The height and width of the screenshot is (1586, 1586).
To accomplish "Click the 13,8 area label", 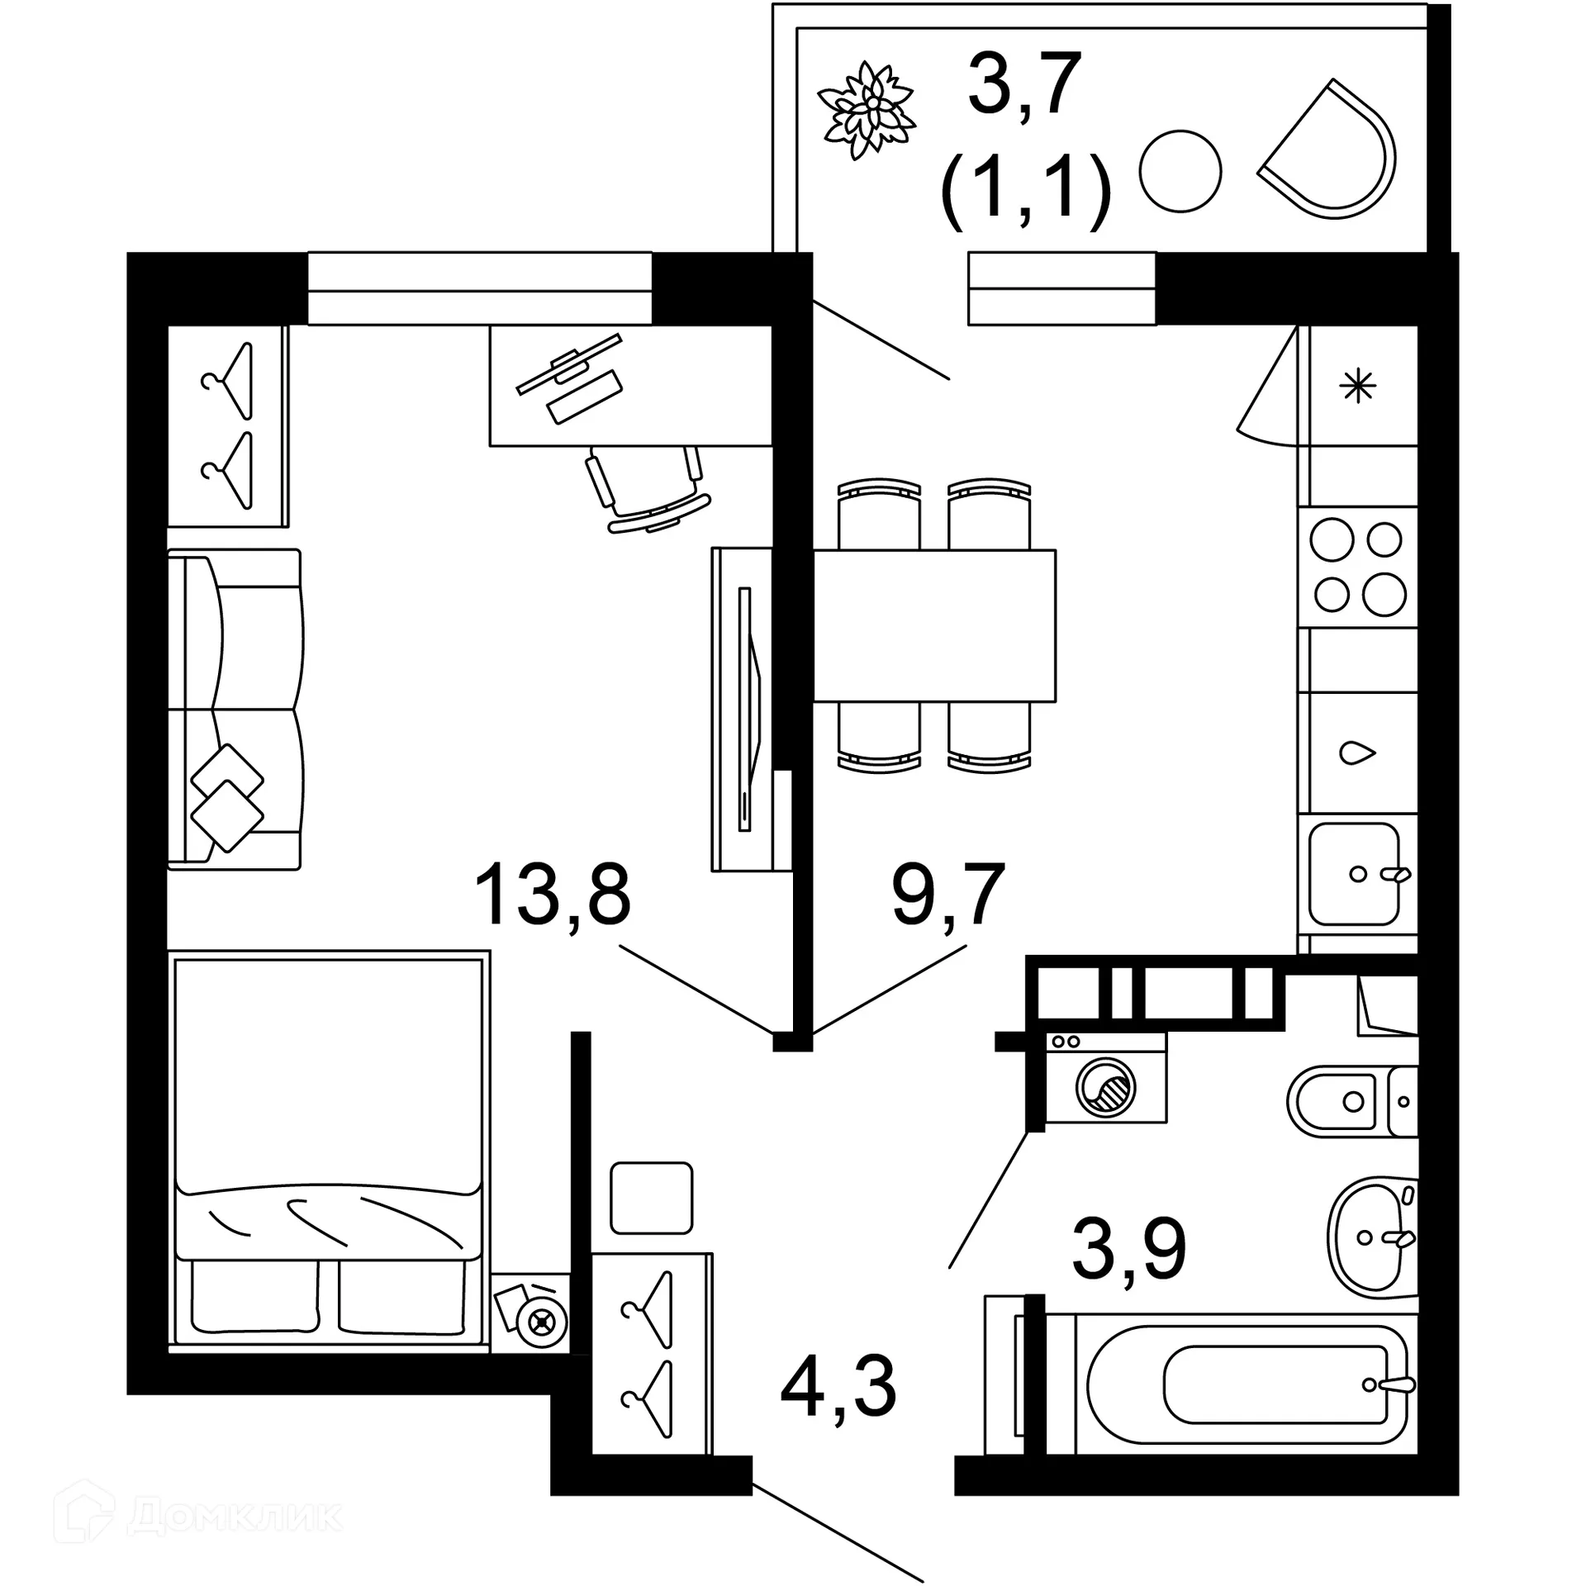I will tap(552, 895).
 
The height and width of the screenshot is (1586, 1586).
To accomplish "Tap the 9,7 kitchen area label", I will tap(947, 895).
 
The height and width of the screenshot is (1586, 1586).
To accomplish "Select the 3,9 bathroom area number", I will tap(1128, 1249).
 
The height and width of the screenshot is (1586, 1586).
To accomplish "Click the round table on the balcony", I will tap(1180, 172).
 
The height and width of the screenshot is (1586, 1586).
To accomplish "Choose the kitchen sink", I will tap(1355, 873).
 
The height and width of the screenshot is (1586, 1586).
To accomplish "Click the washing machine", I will tap(1105, 1078).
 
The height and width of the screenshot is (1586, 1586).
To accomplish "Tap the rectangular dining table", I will tap(933, 625).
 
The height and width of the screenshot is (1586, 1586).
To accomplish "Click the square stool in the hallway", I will tap(651, 1198).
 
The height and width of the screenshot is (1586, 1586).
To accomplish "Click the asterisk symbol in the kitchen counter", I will tap(1358, 386).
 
